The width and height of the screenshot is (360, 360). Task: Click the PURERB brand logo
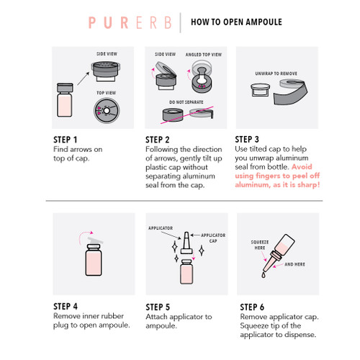click(x=130, y=23)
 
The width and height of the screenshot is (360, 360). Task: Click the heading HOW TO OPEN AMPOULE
click(x=236, y=22)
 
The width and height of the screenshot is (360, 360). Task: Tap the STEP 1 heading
click(x=65, y=140)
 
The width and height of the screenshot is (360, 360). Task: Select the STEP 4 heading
click(x=66, y=307)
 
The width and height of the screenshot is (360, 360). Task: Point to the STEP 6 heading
click(x=252, y=307)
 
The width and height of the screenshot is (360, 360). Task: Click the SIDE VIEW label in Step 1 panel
click(x=107, y=54)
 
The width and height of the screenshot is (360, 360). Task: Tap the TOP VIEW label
click(x=106, y=93)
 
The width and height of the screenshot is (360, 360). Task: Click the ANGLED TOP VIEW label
click(x=204, y=55)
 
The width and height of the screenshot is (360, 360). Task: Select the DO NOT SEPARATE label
click(x=186, y=102)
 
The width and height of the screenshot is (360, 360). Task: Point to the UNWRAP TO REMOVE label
click(x=276, y=73)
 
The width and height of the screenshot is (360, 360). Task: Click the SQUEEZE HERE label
click(x=260, y=245)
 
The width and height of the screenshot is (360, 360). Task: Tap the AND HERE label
click(x=294, y=264)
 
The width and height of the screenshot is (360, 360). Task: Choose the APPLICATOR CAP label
click(x=213, y=238)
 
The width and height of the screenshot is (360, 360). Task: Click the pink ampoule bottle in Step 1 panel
click(x=65, y=100)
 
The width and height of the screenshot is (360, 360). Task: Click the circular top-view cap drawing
click(x=107, y=111)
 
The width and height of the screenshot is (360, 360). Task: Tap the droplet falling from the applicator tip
click(x=264, y=275)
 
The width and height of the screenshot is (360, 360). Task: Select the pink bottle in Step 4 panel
click(x=94, y=260)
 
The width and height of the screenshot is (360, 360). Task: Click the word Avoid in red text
click(x=302, y=167)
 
